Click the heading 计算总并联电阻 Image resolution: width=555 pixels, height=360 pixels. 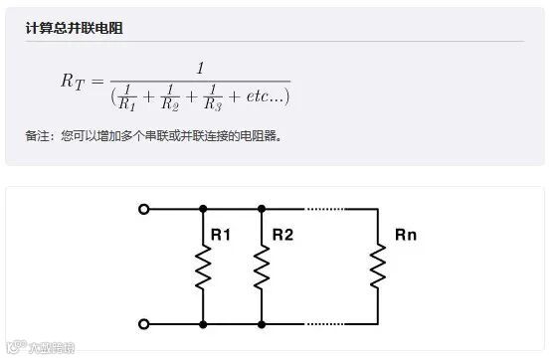[x=74, y=27]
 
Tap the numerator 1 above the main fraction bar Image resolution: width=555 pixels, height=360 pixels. [x=200, y=69]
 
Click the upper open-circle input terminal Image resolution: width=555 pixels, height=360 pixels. [x=144, y=209]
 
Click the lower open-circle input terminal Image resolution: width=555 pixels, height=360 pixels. [x=144, y=324]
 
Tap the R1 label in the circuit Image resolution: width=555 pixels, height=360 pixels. [x=221, y=236]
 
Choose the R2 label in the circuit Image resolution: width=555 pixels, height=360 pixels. [x=282, y=236]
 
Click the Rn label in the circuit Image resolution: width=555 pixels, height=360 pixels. [x=406, y=236]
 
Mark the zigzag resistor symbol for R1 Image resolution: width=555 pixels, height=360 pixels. [x=203, y=267]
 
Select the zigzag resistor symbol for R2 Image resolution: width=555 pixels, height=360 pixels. [x=262, y=267]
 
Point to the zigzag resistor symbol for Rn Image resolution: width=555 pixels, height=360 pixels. [x=378, y=267]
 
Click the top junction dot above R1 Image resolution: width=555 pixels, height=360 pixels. [x=203, y=209]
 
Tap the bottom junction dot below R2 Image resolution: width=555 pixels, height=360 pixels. [x=262, y=324]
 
